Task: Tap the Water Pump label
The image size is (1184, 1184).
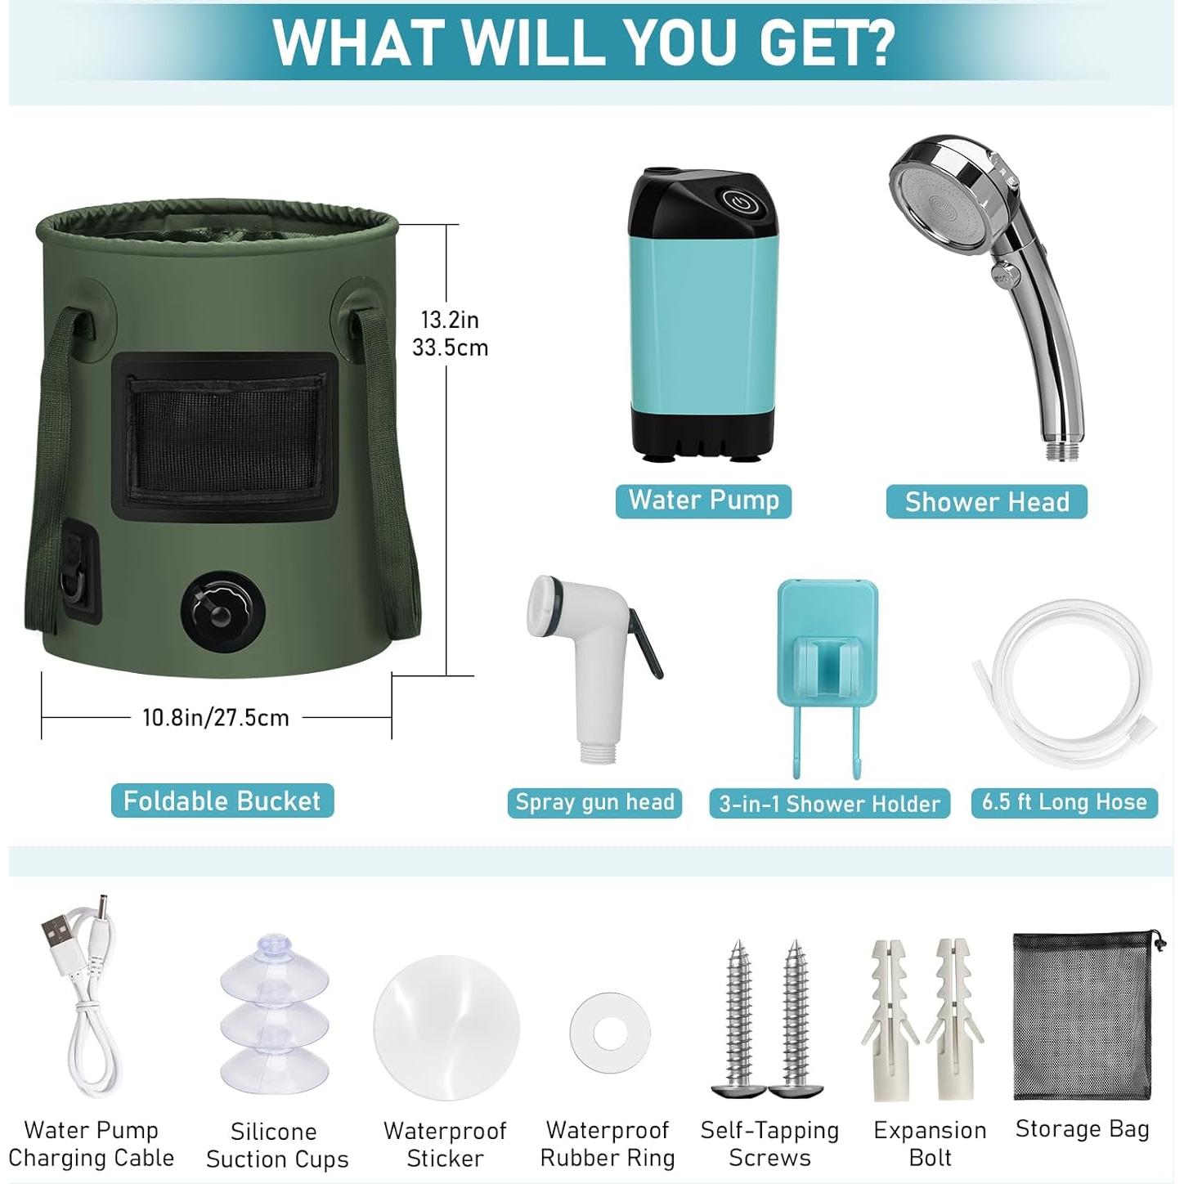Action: (703, 500)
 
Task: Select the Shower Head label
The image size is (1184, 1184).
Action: (986, 501)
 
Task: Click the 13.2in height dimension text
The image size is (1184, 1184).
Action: (450, 320)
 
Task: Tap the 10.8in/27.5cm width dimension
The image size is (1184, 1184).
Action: (216, 718)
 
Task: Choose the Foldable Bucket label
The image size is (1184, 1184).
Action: (222, 801)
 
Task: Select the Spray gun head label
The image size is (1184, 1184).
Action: (594, 802)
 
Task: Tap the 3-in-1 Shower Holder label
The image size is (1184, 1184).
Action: (829, 804)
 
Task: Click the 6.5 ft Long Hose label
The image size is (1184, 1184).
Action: (1064, 802)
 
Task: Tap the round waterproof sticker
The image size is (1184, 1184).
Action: (446, 1027)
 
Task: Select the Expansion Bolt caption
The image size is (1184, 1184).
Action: (930, 1144)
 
